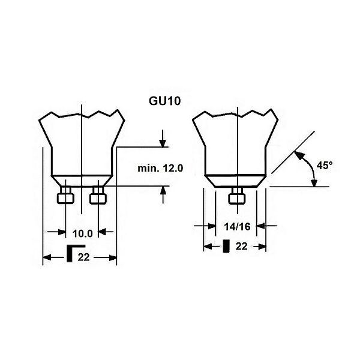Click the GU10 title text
(164, 101)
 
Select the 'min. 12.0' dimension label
(160, 169)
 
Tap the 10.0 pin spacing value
(82, 234)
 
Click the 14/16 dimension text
(237, 227)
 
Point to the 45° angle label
(325, 166)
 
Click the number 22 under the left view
(83, 257)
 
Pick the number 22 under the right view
(242, 247)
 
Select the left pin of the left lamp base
(65, 195)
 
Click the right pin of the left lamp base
(98, 195)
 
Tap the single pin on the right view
(237, 195)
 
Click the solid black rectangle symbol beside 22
(226, 246)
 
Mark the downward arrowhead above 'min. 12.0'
(163, 143)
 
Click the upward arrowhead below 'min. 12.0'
(163, 190)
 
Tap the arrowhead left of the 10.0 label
(62, 232)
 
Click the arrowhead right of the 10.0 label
(102, 232)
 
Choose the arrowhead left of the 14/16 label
(212, 226)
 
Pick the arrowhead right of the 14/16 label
(260, 226)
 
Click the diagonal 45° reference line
(293, 152)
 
